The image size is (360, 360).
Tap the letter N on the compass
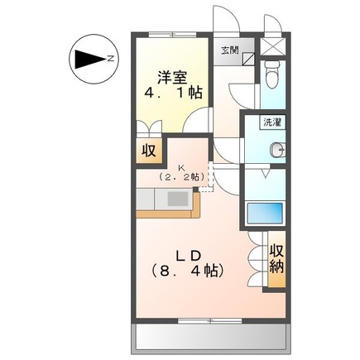click(x=109, y=59)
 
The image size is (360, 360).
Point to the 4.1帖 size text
click(x=172, y=94)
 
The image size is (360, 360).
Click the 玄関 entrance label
click(x=228, y=50)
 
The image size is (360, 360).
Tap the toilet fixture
click(x=271, y=77)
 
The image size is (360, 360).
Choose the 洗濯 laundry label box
click(x=271, y=122)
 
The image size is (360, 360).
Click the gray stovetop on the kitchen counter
click(x=177, y=199)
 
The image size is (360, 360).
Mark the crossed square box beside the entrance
click(x=270, y=46)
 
